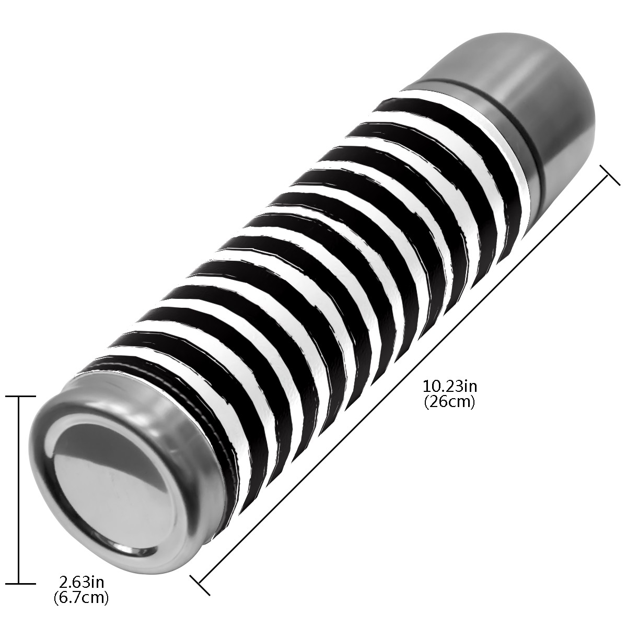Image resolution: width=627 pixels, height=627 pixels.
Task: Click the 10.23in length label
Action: click(450, 387)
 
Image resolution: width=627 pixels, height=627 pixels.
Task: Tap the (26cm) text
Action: click(450, 402)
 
